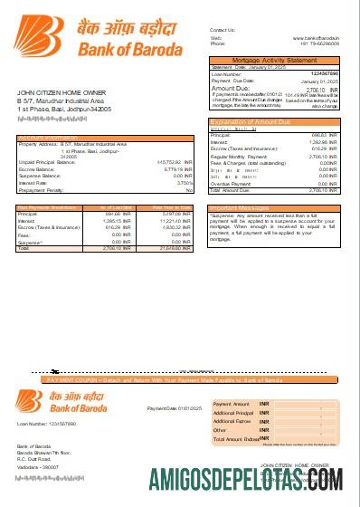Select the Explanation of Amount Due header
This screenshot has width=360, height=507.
click(x=251, y=120)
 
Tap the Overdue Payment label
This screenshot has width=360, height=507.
click(x=232, y=184)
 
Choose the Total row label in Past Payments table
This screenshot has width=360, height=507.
click(x=24, y=248)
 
